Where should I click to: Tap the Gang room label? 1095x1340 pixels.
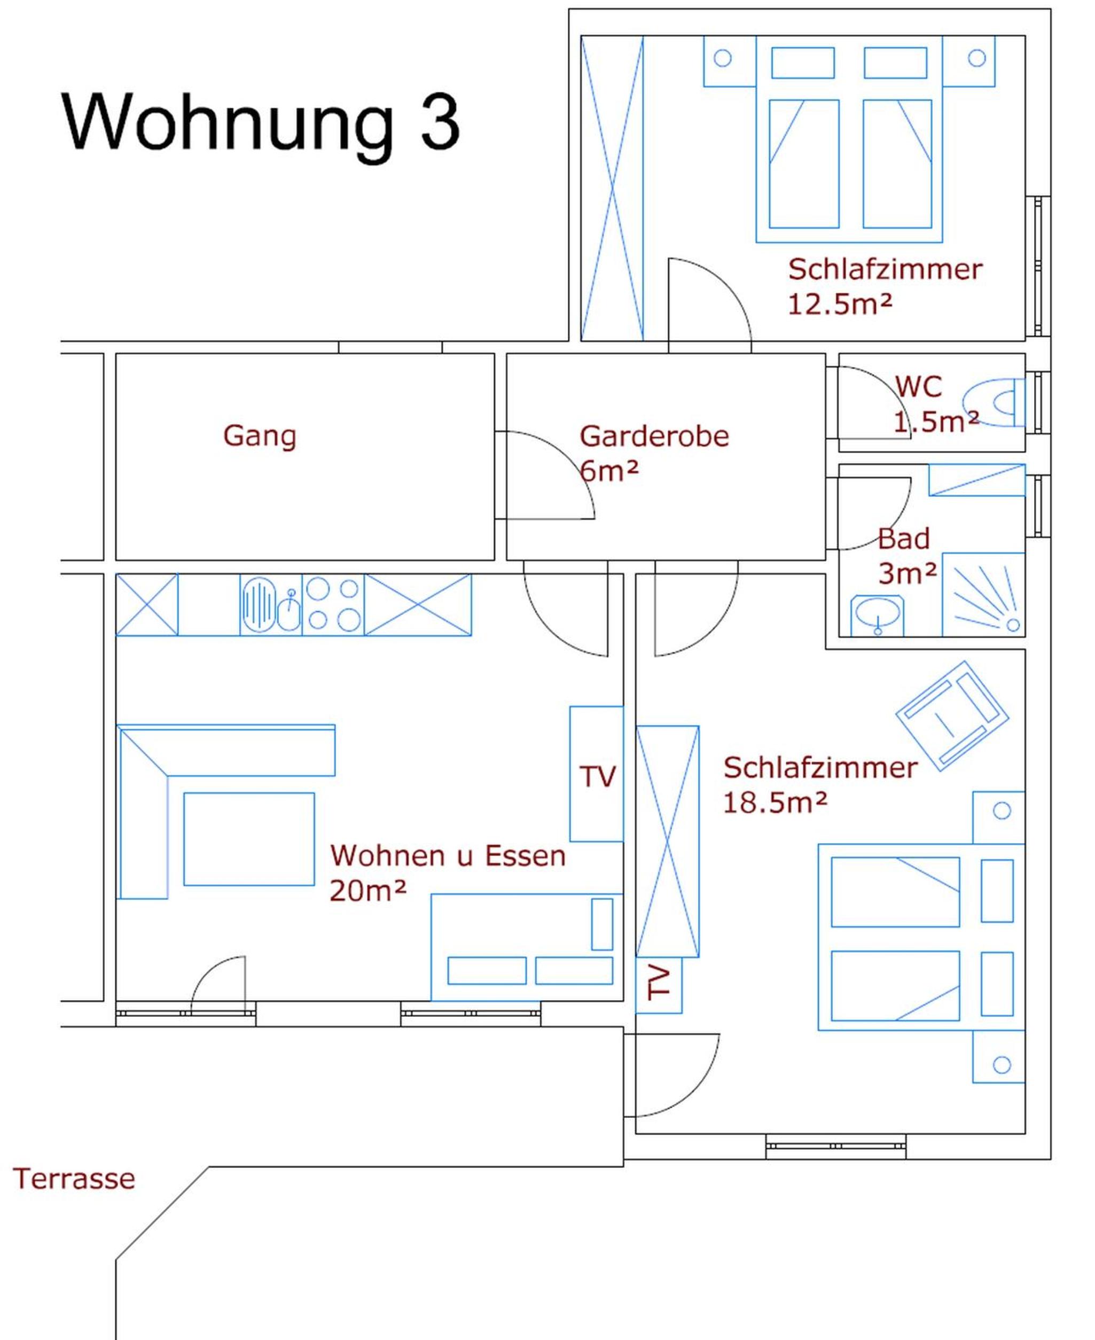tap(259, 437)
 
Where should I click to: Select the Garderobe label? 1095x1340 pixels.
tap(654, 436)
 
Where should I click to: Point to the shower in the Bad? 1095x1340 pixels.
tap(983, 594)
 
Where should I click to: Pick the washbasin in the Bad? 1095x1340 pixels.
tap(877, 615)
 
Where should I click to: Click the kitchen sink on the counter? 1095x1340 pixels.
tap(271, 604)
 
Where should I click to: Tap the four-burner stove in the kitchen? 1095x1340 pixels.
tap(333, 604)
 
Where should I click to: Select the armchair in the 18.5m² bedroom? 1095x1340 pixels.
tap(952, 715)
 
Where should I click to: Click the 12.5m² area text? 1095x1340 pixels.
tap(840, 305)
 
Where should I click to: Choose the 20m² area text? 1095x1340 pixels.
tap(367, 891)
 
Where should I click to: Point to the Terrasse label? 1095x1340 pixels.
tap(74, 1179)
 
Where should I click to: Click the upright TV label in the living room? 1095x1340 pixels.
tap(597, 777)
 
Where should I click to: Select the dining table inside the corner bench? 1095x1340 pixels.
tap(249, 839)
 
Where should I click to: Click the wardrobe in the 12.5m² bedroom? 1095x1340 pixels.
tap(612, 188)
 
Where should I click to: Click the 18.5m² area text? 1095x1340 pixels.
tap(775, 803)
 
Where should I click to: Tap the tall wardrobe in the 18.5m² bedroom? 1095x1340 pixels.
tap(667, 841)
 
